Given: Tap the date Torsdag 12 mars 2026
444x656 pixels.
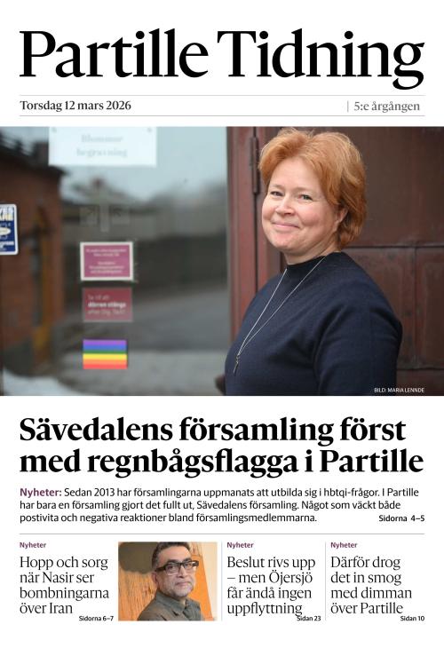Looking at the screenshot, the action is click(x=75, y=106).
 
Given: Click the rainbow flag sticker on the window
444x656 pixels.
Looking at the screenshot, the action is click(x=105, y=353).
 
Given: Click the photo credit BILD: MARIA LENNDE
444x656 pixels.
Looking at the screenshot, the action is click(x=399, y=390).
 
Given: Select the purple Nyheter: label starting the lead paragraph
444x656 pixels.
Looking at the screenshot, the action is click(x=41, y=492).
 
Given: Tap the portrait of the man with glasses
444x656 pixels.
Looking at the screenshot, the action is click(x=167, y=581).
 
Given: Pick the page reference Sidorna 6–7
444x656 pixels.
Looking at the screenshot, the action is click(x=96, y=617).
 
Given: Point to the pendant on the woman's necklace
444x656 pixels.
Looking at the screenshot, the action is click(x=238, y=365).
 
